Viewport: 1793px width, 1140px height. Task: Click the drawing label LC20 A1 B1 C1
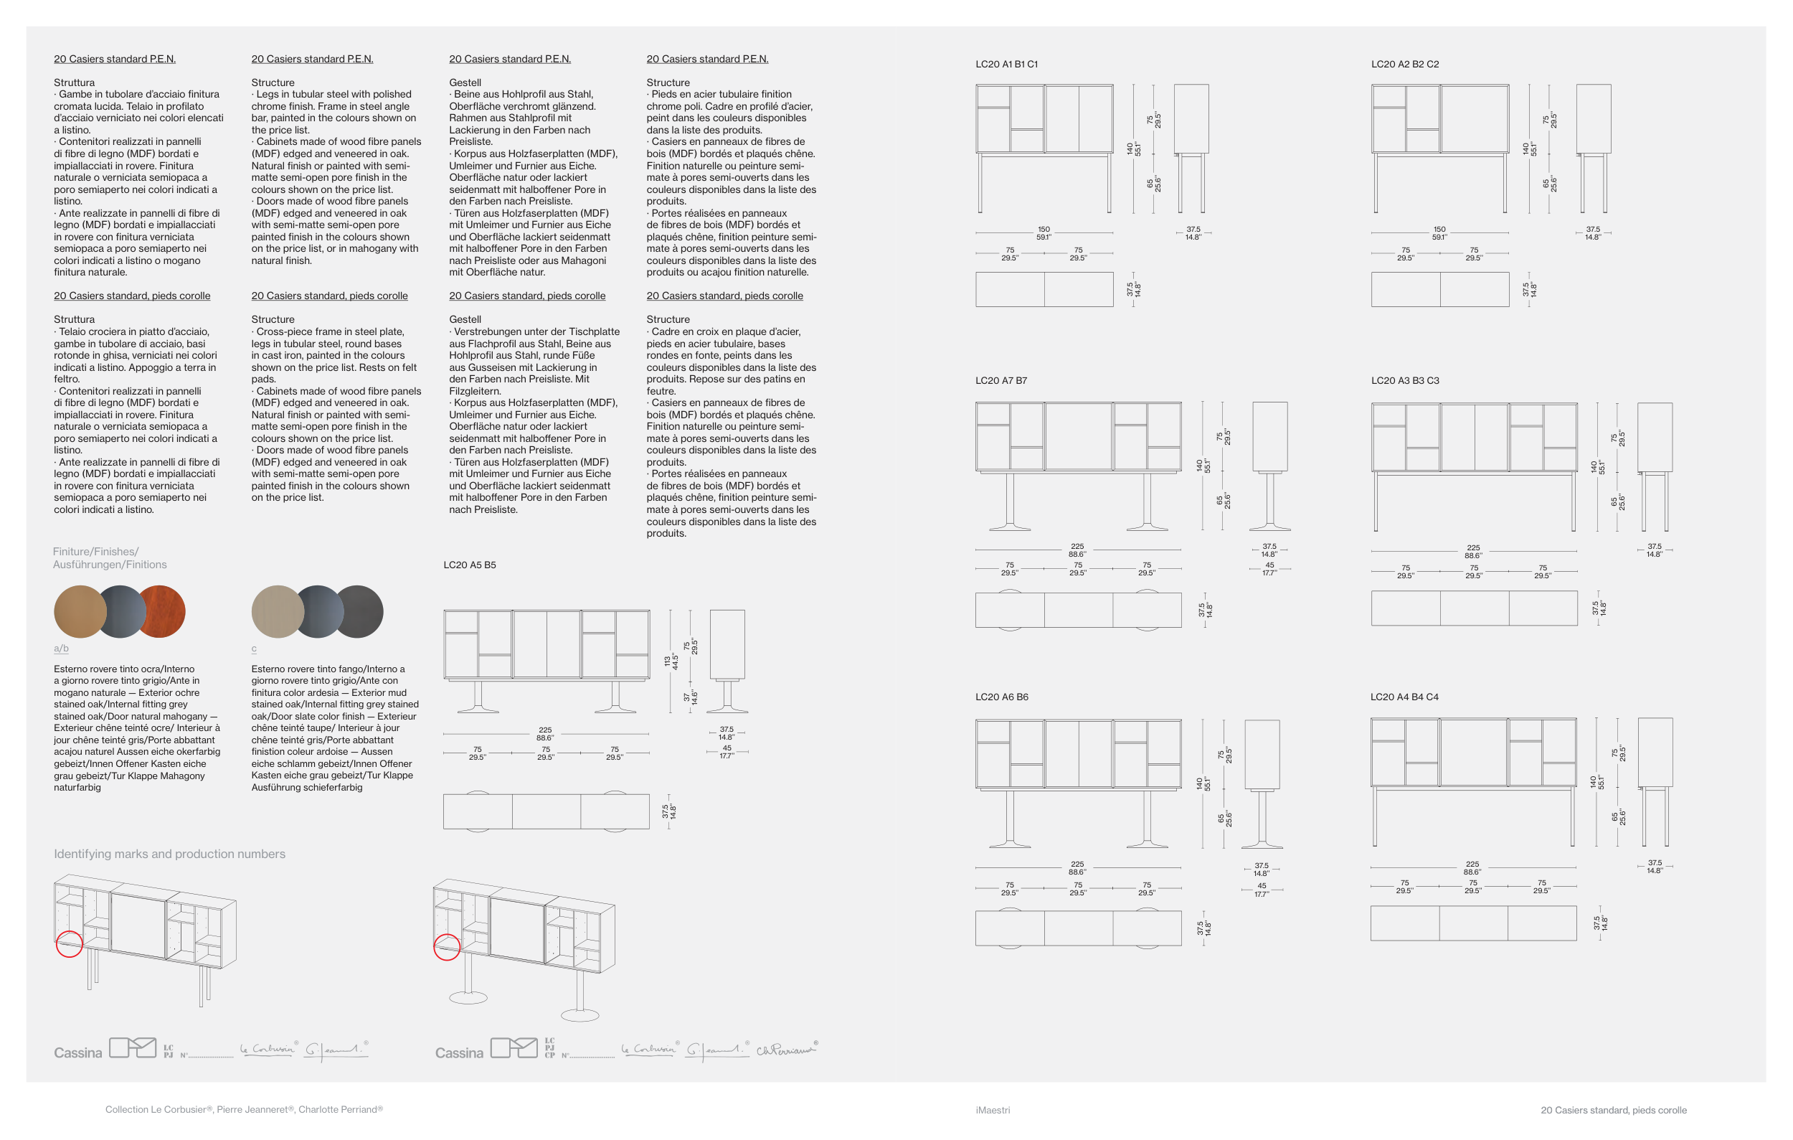click(x=1006, y=64)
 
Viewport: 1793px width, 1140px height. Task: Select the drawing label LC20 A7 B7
click(x=1000, y=380)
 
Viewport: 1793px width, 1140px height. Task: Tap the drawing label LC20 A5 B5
click(x=469, y=565)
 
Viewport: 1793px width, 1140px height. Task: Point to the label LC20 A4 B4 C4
click(x=1404, y=697)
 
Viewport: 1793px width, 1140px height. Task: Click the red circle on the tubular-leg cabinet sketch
click(x=70, y=944)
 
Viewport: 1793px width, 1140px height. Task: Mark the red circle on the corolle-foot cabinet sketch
click(x=447, y=947)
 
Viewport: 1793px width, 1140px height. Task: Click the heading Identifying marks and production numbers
click(x=169, y=854)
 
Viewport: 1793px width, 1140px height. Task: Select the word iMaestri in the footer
click(x=993, y=1110)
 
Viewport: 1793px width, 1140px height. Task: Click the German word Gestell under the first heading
click(x=465, y=83)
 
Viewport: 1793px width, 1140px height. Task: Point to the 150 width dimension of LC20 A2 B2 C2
click(x=1439, y=230)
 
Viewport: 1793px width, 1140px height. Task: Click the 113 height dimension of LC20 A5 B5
click(x=667, y=661)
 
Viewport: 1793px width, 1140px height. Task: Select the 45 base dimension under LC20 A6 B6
click(x=1262, y=886)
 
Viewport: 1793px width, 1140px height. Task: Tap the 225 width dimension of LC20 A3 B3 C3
click(x=1473, y=547)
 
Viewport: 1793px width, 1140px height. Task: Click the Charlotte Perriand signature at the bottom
click(x=785, y=1050)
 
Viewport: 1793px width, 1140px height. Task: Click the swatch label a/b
click(x=61, y=649)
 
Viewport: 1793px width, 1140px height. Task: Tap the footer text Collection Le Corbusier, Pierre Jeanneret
click(x=243, y=1109)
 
